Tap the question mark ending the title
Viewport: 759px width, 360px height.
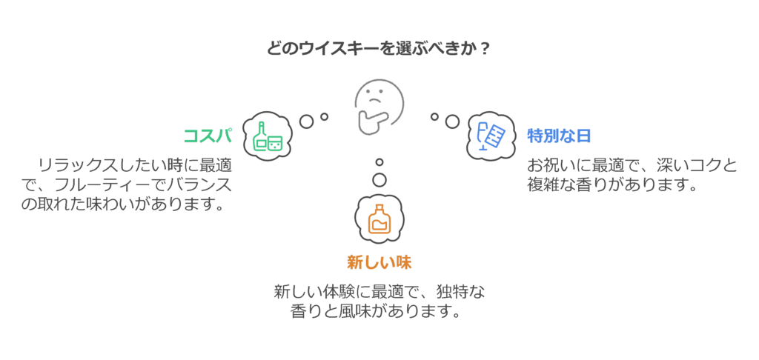[483, 49]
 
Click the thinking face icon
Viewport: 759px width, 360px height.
[379, 107]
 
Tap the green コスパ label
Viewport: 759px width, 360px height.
[208, 136]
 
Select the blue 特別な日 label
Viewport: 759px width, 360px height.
[559, 136]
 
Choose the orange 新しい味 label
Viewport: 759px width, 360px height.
[379, 262]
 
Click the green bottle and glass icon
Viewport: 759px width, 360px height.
[267, 137]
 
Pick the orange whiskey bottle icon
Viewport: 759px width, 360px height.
[379, 219]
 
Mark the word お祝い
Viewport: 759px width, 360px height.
[552, 165]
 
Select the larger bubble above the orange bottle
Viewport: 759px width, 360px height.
[379, 180]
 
